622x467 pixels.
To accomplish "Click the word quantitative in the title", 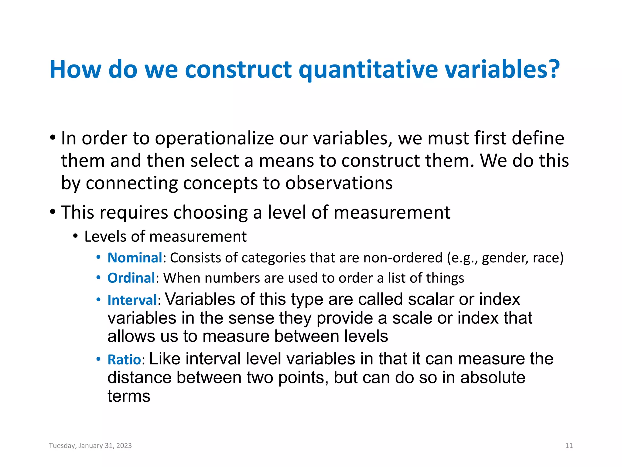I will (368, 70).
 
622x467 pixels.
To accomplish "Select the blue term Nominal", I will (135, 258).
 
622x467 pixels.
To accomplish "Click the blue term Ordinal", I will (131, 278).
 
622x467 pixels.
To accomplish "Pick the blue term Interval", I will (132, 300).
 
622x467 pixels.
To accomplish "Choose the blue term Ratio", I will (124, 360).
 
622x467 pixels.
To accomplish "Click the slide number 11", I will (569, 446).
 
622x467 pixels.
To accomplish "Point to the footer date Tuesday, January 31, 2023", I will (90, 446).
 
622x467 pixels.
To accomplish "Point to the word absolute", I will (492, 378).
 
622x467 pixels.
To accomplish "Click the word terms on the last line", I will (129, 396).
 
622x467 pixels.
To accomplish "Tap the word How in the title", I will (75, 70).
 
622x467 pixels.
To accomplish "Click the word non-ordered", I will (403, 258).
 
